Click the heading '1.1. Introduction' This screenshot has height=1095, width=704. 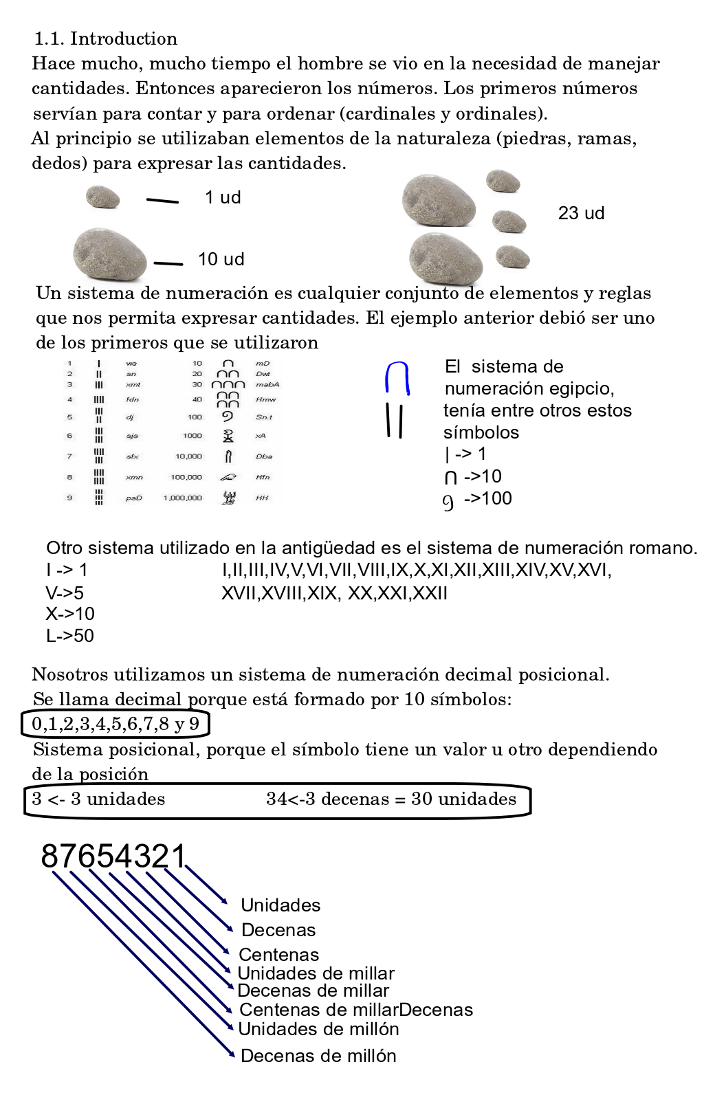(106, 38)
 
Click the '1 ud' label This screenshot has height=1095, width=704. (223, 197)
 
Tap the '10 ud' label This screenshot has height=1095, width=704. (221, 259)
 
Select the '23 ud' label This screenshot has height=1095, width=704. (581, 213)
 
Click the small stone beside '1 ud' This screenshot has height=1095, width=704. (103, 197)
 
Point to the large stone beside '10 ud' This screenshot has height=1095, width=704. (110, 254)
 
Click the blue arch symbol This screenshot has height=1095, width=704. (397, 378)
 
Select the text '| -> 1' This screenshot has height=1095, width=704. (465, 454)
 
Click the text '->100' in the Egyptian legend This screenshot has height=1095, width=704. (487, 498)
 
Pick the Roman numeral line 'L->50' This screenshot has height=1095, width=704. (69, 636)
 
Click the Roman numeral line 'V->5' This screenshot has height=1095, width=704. (65, 593)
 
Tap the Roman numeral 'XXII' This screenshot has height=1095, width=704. (429, 593)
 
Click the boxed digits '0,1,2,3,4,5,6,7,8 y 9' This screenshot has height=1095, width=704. (115, 724)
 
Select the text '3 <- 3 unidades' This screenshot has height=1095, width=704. (98, 799)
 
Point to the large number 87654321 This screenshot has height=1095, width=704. (113, 856)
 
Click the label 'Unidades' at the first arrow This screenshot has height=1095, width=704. (280, 905)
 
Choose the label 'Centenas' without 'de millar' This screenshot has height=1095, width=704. (278, 955)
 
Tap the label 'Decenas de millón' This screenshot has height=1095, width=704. (318, 1056)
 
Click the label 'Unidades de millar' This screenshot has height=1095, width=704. (316, 973)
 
